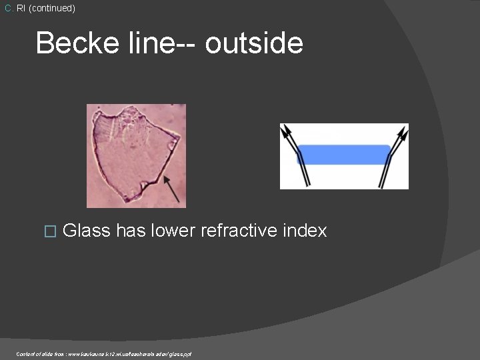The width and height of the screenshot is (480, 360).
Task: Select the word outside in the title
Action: [254, 43]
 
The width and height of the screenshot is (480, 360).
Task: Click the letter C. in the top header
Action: [9, 9]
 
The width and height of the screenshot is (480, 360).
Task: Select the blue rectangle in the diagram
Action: [343, 155]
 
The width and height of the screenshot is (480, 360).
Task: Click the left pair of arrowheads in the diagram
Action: [289, 133]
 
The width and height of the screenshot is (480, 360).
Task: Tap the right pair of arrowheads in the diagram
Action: [399, 133]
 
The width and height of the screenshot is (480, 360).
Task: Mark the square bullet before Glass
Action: [46, 231]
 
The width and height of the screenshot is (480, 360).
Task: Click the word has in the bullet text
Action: [131, 231]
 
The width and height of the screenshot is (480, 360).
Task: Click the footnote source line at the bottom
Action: [104, 354]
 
